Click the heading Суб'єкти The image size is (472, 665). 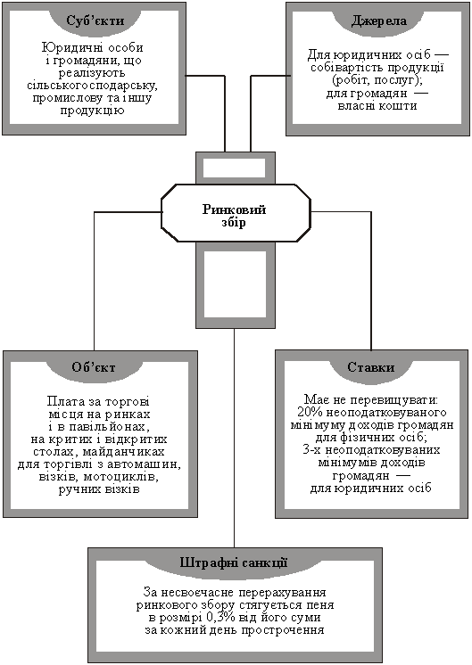pyautogui.click(x=95, y=21)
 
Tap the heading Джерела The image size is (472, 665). pyautogui.click(x=378, y=21)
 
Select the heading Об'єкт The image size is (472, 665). pyautogui.click(x=94, y=367)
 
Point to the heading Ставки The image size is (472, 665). pyautogui.click(x=370, y=367)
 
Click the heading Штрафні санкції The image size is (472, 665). pyautogui.click(x=234, y=562)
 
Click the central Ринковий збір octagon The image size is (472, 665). pyautogui.click(x=236, y=213)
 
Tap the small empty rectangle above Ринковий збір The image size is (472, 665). pyautogui.click(x=236, y=168)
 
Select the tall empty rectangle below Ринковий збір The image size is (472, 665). pyautogui.click(x=236, y=284)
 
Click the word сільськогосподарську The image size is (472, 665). pyautogui.click(x=92, y=86)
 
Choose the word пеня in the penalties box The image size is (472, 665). pyautogui.click(x=321, y=604)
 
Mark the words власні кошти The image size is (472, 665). pyautogui.click(x=377, y=105)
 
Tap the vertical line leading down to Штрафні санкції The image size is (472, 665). pyautogui.click(x=235, y=438)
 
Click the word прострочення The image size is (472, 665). pyautogui.click(x=283, y=630)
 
